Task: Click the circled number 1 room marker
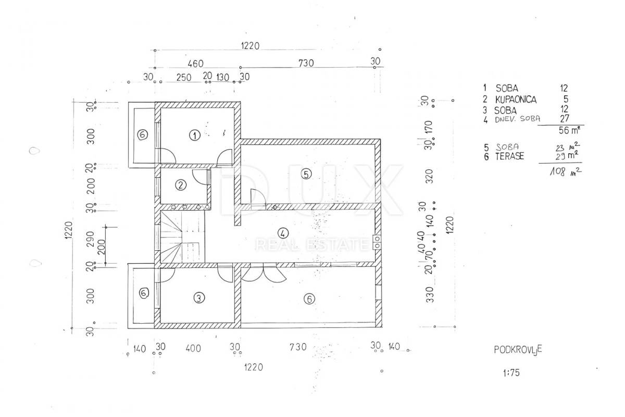tap(194, 136)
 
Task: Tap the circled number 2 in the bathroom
tap(181, 185)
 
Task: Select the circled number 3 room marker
tap(198, 298)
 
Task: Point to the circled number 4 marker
tap(283, 233)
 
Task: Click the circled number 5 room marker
tap(306, 174)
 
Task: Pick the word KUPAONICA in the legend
tap(516, 100)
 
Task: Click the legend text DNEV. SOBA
tap(518, 119)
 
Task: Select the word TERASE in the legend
tap(509, 156)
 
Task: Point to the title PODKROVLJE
tap(518, 349)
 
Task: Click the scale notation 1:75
tap(511, 373)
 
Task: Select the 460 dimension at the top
tap(195, 64)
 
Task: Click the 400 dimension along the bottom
tap(193, 348)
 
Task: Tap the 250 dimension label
tap(183, 77)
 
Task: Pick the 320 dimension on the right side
tap(430, 176)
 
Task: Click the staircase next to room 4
tap(182, 236)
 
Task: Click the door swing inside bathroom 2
tap(201, 177)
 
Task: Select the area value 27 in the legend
tap(565, 118)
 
